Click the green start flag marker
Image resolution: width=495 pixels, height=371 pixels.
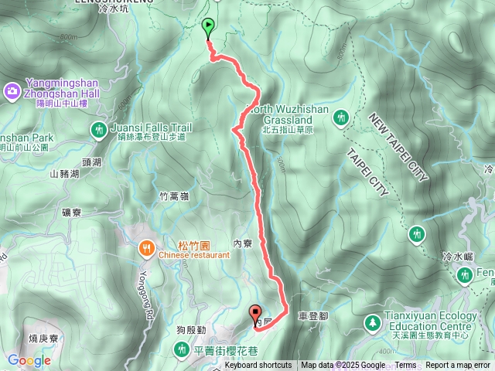(209, 28)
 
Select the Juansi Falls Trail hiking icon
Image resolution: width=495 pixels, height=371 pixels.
(99, 129)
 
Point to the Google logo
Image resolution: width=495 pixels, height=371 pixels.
(29, 360)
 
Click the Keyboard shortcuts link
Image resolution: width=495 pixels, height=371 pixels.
(258, 366)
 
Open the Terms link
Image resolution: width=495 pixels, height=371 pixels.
(405, 366)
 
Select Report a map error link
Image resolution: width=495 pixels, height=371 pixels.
(458, 366)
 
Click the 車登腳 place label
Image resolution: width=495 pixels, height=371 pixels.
(312, 316)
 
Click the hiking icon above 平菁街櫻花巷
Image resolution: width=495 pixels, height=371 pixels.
(180, 350)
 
